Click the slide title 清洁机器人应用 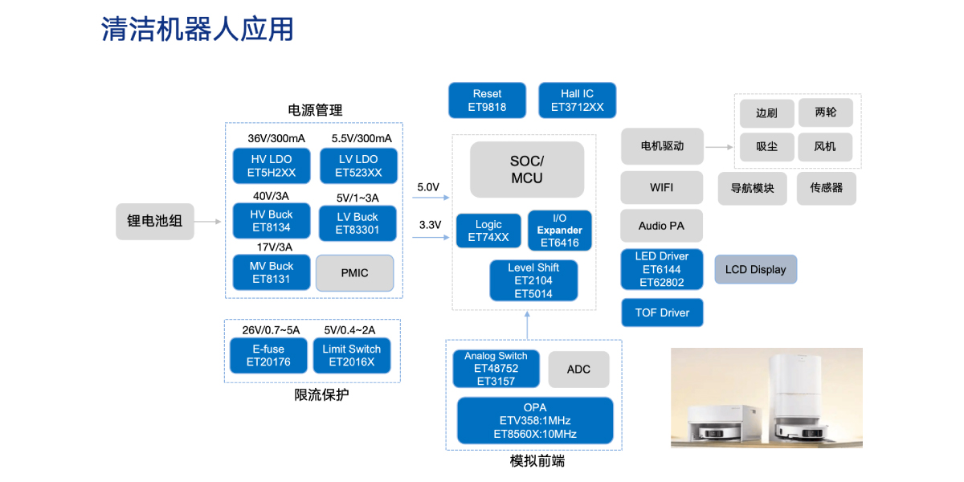(198, 29)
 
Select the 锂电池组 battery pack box (155, 221)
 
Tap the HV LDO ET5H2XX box (272, 166)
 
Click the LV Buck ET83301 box (357, 223)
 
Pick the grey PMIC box (354, 273)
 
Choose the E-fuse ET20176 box (268, 355)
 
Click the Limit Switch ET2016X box (352, 355)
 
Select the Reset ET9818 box (487, 100)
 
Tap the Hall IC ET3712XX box (577, 100)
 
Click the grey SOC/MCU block (526, 170)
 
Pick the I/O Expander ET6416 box (560, 231)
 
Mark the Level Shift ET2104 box (533, 280)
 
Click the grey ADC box (578, 370)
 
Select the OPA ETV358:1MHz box (535, 421)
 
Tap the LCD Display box (755, 270)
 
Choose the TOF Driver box (662, 312)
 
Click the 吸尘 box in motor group (766, 146)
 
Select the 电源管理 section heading (315, 110)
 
